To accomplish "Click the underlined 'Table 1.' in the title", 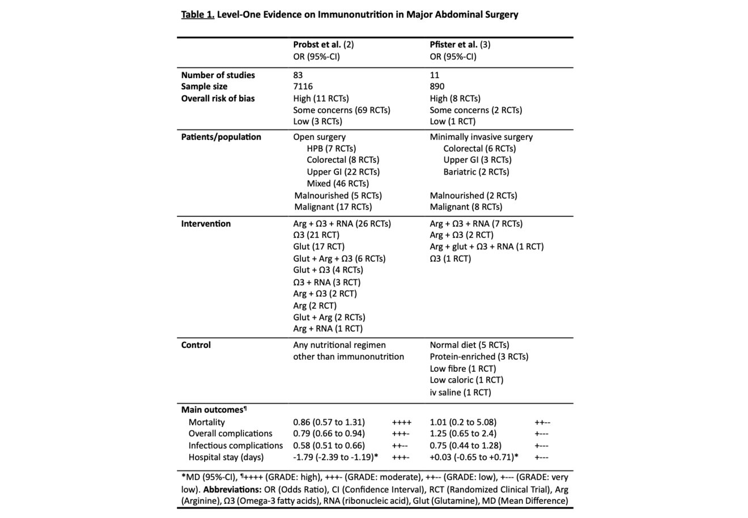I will tap(198, 15).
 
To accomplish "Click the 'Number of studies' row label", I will tap(218, 75).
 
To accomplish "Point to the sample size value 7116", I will tap(303, 87).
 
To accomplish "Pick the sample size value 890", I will tap(437, 87).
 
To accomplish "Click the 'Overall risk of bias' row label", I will tap(218, 99).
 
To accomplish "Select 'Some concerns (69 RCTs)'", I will tap(341, 110).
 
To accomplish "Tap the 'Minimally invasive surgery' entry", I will tap(481, 137).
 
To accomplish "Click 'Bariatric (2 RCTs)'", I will tap(476, 172).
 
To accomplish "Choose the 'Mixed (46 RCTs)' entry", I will tap(338, 184).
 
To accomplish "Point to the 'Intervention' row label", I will tap(206, 224).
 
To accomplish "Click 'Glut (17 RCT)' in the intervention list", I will tap(318, 247).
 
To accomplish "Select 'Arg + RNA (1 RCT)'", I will tap(328, 329).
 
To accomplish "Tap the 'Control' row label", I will tap(195, 345).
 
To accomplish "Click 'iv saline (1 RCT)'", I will tap(460, 392).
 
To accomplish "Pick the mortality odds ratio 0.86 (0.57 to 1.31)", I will tap(329, 422).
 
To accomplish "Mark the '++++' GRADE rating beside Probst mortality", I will tap(401, 422).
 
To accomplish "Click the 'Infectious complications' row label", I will tap(235, 445).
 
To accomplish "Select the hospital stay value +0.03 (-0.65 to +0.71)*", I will tap(474, 457).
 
